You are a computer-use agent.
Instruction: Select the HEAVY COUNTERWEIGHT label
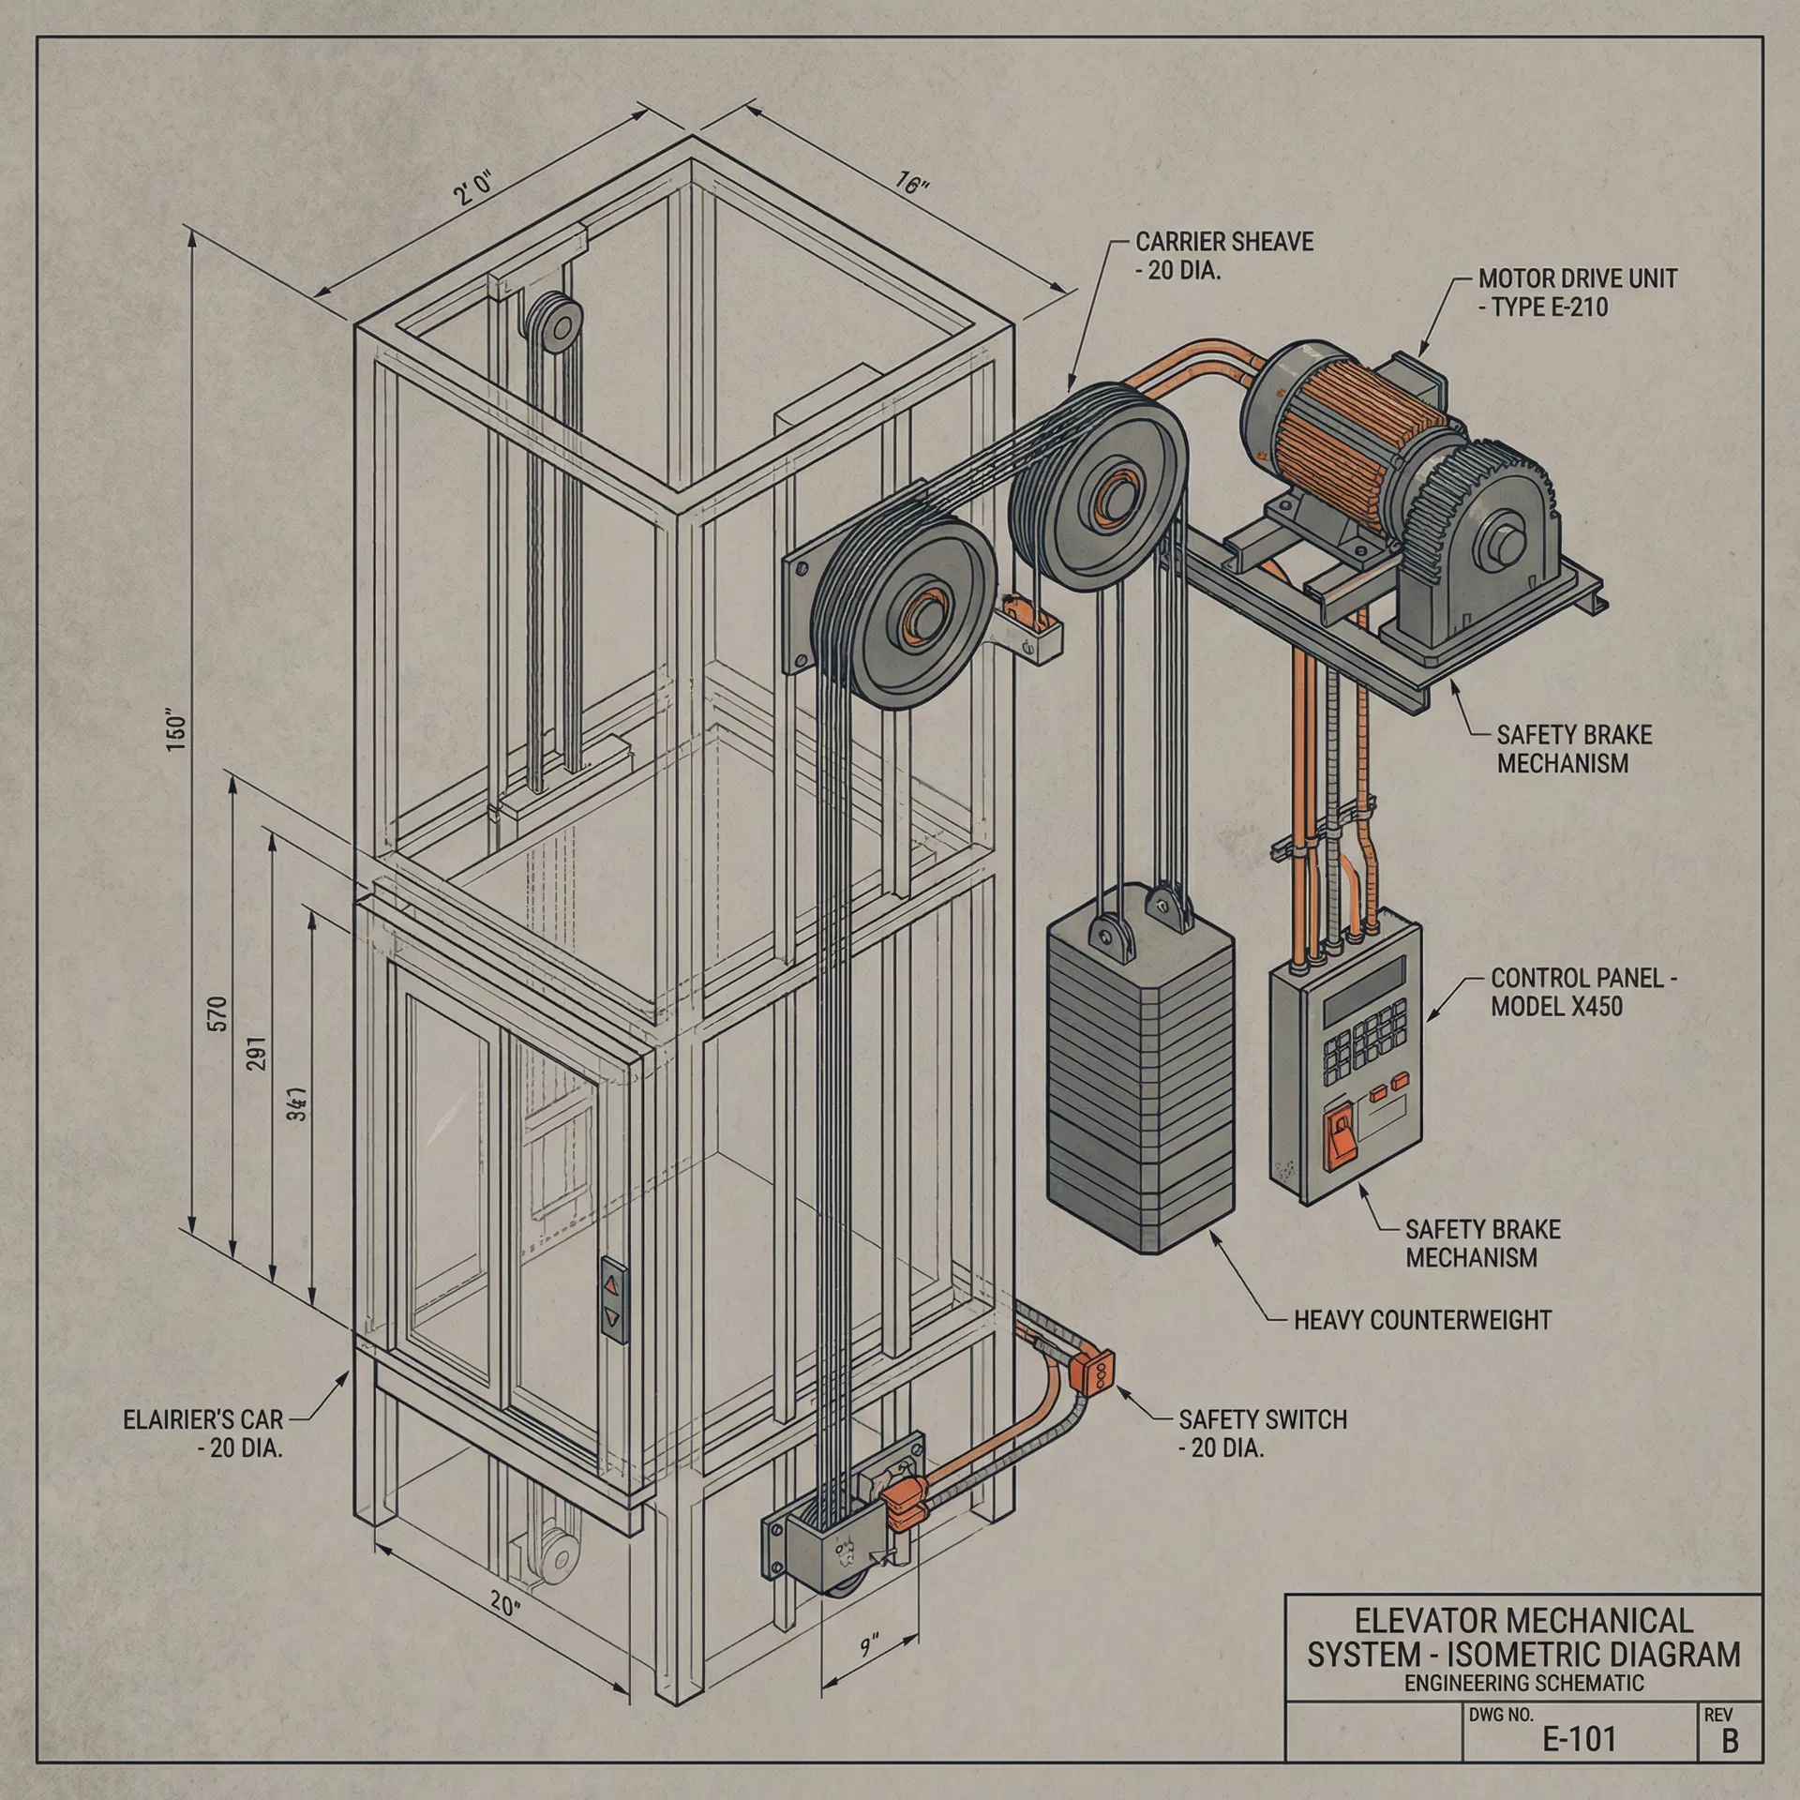[x=1422, y=1320]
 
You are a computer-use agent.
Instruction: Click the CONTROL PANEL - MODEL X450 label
[x=1582, y=992]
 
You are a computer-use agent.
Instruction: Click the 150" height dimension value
[x=176, y=732]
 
